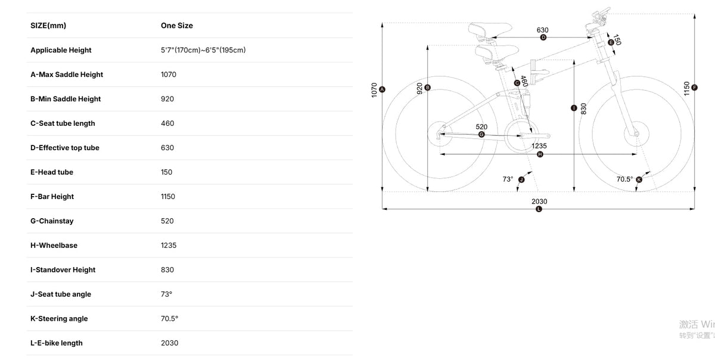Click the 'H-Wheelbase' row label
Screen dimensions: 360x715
point(54,245)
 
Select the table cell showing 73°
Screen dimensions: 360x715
point(166,294)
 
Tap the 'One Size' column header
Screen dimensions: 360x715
point(176,26)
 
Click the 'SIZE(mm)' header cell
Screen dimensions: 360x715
point(48,26)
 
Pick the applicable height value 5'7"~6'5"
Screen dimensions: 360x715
point(203,50)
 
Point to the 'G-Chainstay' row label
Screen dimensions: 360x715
point(52,221)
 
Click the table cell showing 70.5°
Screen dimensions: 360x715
point(169,318)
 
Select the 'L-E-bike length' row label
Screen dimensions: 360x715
point(57,343)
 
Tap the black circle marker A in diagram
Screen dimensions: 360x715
point(383,89)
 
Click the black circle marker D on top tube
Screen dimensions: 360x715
point(543,38)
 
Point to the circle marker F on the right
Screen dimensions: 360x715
point(695,88)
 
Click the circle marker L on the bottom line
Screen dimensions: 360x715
point(539,209)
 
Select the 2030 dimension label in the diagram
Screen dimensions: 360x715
point(539,201)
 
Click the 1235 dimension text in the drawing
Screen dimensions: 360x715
point(539,145)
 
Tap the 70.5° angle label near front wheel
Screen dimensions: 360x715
point(624,179)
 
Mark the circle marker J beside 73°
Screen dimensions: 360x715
point(521,179)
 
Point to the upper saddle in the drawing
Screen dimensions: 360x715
point(490,29)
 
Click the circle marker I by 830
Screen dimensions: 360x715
point(573,108)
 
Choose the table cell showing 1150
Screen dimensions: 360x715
point(168,196)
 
